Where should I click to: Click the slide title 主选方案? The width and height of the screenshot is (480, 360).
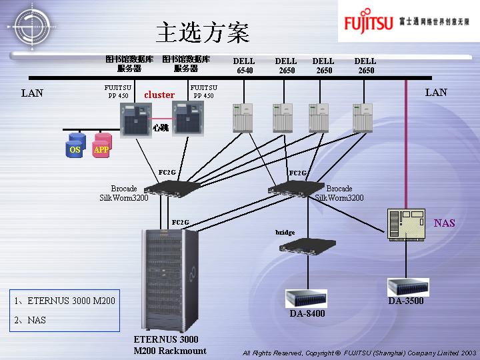click(203, 31)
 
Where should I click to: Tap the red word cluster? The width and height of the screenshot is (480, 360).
click(159, 95)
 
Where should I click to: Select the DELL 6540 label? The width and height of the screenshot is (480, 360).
click(244, 65)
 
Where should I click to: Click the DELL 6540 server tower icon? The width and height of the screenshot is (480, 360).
click(241, 117)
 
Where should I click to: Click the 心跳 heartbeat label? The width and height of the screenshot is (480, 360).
click(161, 127)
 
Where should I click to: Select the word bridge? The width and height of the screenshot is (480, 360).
click(285, 232)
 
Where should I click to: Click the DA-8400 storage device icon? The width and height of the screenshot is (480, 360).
click(306, 298)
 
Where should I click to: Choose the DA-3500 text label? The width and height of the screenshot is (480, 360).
click(406, 301)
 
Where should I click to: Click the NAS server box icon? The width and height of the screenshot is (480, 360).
click(406, 224)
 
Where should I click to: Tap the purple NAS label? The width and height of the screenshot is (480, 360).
click(444, 223)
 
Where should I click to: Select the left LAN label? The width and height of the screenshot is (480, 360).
click(32, 93)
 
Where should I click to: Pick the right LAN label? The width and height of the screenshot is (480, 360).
click(436, 92)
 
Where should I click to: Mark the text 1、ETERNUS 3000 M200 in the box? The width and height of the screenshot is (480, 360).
click(65, 301)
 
